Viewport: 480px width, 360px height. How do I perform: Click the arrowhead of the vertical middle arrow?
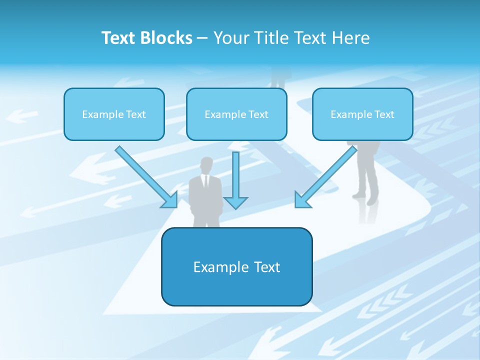click(235, 202)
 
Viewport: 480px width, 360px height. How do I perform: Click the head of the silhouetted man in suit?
click(205, 165)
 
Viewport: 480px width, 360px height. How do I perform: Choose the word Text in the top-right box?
click(383, 114)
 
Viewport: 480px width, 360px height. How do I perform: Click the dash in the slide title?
click(202, 38)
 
